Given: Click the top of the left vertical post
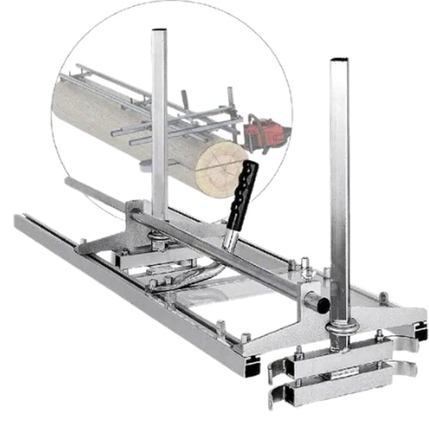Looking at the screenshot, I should click(x=159, y=33).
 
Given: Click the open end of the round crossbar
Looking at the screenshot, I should click(x=319, y=303).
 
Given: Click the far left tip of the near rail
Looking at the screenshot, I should click(x=17, y=220).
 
